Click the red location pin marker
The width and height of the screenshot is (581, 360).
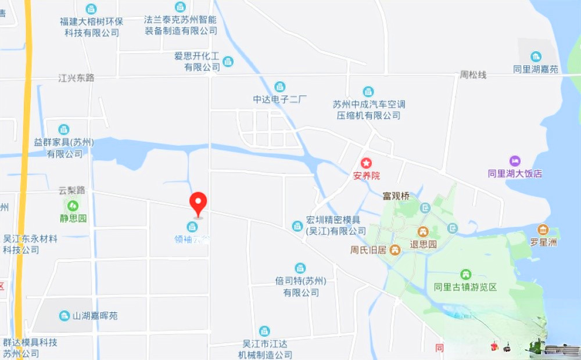pos(199,203)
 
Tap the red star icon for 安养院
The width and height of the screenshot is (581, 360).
pos(366,163)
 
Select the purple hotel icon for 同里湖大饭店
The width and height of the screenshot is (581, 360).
pos(515,161)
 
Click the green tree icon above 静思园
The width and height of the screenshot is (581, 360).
pos(73,206)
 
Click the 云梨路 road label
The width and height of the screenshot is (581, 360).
pos(72,190)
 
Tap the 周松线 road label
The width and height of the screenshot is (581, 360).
pos(473,75)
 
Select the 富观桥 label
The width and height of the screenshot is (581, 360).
pos(396,196)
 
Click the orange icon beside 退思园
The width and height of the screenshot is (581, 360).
pos(424,232)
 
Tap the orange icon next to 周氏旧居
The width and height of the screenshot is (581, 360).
pos(395,250)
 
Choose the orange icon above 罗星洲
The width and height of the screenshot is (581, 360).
pos(543,229)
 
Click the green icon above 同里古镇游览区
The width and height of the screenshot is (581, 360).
pos(465,274)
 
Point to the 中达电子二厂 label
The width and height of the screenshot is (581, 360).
pos(279,99)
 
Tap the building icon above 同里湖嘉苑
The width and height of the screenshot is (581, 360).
pos(536,56)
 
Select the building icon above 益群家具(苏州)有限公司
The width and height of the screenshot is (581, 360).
pos(64,129)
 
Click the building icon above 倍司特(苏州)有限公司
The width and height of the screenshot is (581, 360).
pos(300,268)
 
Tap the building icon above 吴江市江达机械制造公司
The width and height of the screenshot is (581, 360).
pos(264,331)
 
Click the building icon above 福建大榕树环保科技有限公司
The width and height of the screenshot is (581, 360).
pos(91,9)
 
